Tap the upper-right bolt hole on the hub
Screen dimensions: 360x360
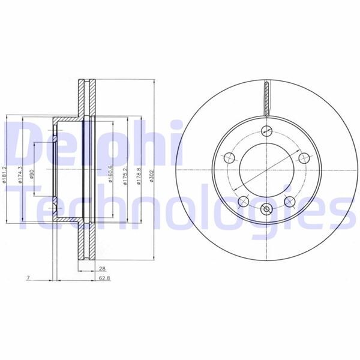(x=304, y=158)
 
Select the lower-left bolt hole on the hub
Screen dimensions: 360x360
(x=244, y=201)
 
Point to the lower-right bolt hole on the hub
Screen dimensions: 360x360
(x=290, y=201)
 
